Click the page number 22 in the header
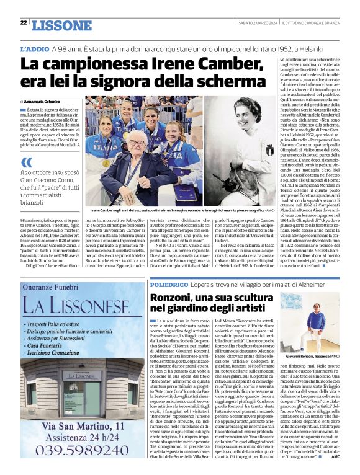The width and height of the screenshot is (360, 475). point(23,23)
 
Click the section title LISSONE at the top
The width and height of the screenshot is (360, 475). point(61,25)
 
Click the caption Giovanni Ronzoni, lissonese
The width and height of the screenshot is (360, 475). point(314,358)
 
